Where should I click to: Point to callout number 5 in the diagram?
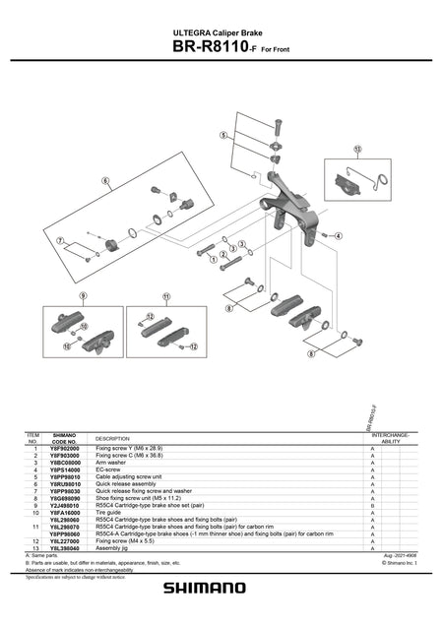pyautogui.click(x=224, y=135)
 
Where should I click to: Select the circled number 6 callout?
pyautogui.click(x=104, y=181)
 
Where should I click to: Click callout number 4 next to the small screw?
pyautogui.click(x=338, y=236)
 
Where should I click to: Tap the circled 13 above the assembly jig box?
pyautogui.click(x=355, y=151)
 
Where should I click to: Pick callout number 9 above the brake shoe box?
pyautogui.click(x=84, y=295)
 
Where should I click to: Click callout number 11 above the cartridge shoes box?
pyautogui.click(x=166, y=295)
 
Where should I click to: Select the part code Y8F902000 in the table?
pyautogui.click(x=64, y=449)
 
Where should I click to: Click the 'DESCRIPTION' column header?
pyautogui.click(x=111, y=438)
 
